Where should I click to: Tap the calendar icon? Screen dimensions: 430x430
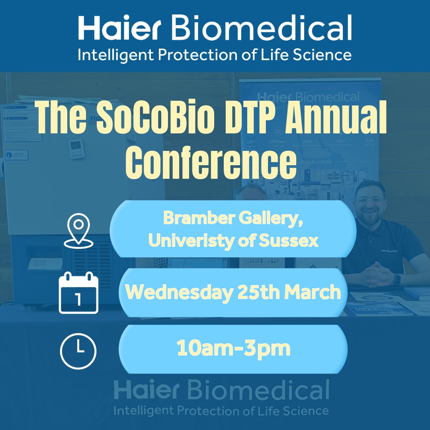tap(78, 293)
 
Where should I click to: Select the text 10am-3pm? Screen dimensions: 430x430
tap(233, 349)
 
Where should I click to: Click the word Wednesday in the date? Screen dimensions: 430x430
tap(179, 293)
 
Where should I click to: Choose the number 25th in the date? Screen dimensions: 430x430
tap(256, 293)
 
